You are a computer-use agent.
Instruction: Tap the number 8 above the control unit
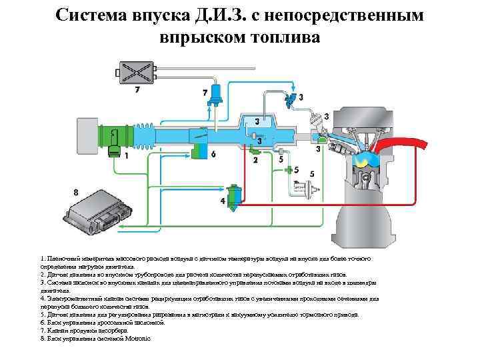click(75, 193)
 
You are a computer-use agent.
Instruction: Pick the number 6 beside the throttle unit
click(213, 154)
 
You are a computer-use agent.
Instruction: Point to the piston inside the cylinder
click(364, 179)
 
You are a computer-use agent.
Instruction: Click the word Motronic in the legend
click(137, 339)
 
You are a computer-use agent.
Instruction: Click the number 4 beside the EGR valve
click(223, 201)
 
